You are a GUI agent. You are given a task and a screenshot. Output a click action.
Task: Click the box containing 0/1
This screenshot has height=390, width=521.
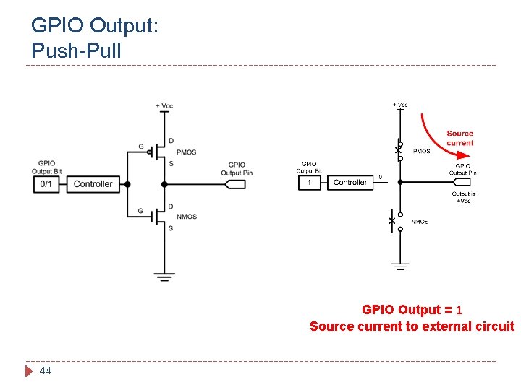coord(46,184)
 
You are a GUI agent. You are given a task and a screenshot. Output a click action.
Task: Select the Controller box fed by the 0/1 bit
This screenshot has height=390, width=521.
coord(93,184)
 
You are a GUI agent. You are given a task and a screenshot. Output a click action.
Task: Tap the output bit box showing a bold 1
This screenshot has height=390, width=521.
coord(310,183)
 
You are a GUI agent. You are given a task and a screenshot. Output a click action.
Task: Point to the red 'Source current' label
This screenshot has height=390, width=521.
coord(459,138)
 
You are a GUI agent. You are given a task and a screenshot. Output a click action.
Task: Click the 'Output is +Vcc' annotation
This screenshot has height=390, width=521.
coord(463,196)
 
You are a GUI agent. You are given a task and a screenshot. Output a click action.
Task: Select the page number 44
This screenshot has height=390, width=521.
coord(45,370)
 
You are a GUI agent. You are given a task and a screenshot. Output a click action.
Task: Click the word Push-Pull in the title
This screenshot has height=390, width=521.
coord(77,51)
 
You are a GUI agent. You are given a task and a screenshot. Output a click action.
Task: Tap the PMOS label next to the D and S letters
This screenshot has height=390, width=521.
coord(186,152)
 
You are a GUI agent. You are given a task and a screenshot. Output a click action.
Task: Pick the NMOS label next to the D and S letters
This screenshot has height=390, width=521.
coord(186,217)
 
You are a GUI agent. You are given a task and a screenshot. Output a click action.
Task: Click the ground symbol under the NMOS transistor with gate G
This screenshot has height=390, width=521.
coord(164,275)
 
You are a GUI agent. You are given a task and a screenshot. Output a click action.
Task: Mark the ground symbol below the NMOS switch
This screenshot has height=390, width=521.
coord(400,266)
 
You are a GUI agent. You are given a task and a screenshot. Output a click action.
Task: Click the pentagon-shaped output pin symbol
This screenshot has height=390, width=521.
coord(236,184)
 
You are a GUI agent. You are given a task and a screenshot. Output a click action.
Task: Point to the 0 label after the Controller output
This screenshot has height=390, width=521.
coord(381,176)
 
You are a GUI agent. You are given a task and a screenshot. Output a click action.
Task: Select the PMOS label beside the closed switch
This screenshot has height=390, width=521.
coord(421,152)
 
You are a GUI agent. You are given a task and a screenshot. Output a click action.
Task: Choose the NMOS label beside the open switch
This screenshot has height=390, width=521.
coord(420,222)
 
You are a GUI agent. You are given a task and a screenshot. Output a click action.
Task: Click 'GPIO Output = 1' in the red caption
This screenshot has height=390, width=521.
coord(412,310)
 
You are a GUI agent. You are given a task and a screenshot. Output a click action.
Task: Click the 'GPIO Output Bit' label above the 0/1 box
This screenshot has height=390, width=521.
coord(46,168)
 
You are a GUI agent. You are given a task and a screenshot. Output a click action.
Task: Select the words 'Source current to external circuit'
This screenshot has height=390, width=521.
coord(412,326)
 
